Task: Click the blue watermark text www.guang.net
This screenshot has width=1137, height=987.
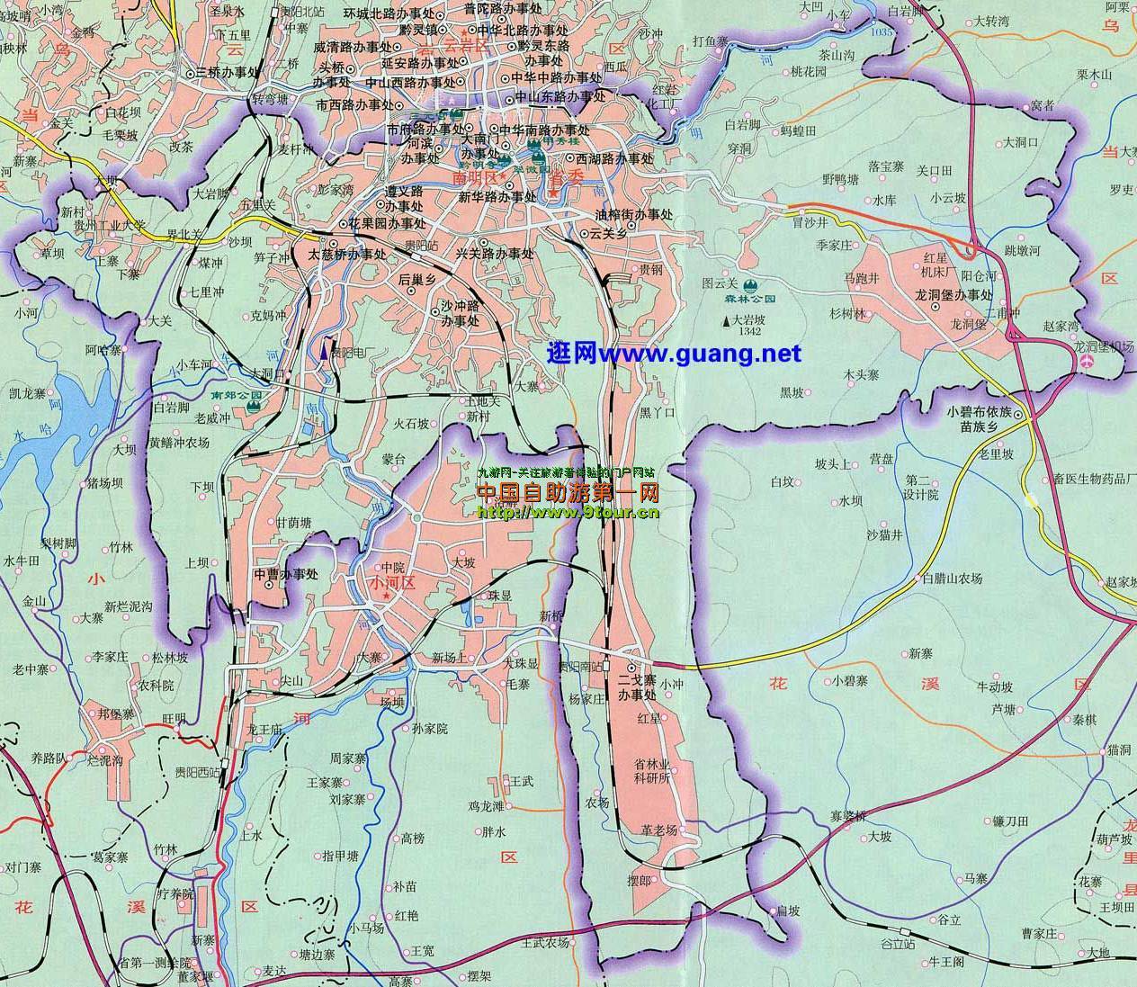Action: tap(674, 354)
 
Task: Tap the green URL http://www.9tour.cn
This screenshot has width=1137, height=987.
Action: tap(568, 512)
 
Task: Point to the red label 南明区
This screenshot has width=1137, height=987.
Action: tap(477, 178)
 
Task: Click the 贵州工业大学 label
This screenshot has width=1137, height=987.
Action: tap(109, 224)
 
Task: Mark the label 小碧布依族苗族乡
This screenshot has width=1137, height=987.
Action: tap(980, 419)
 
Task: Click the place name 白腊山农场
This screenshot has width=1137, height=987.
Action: tap(952, 579)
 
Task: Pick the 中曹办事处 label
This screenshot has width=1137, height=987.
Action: tap(285, 574)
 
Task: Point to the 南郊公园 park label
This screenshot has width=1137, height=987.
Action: tap(235, 395)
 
